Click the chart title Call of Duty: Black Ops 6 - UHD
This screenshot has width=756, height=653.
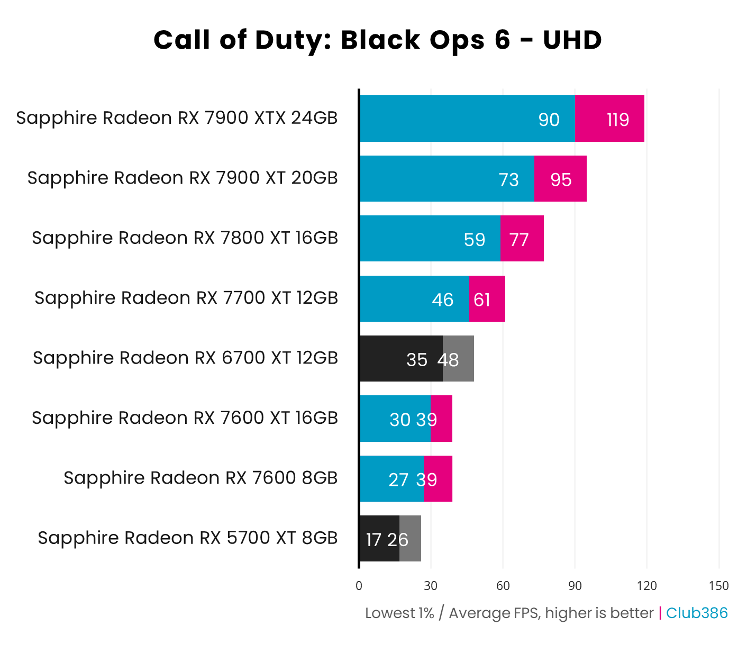[378, 40]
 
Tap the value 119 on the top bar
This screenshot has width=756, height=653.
[617, 120]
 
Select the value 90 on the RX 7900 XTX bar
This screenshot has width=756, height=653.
[549, 120]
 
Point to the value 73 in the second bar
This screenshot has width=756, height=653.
[508, 180]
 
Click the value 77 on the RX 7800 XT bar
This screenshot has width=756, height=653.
[518, 240]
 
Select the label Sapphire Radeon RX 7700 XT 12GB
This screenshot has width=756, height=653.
[186, 298]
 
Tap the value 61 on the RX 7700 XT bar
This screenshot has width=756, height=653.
[481, 300]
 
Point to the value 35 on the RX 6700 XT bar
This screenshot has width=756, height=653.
[416, 360]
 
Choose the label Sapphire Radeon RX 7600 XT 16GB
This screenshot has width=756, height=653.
[185, 418]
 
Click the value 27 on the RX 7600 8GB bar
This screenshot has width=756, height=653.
[398, 480]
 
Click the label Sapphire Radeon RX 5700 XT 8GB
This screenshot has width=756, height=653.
[187, 538]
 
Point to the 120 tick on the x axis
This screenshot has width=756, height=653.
[646, 586]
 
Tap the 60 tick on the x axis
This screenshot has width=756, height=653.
[503, 586]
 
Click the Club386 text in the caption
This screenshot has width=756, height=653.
[696, 613]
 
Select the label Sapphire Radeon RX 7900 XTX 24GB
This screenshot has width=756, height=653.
[177, 118]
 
